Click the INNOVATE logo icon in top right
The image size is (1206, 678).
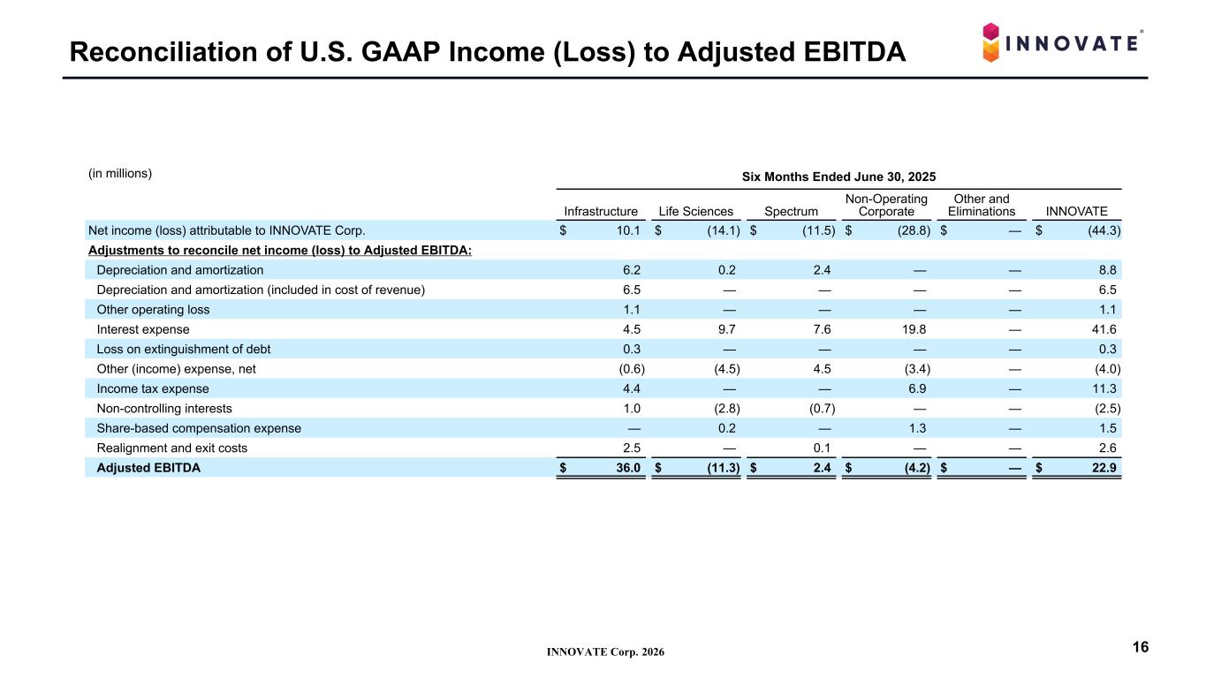[990, 42]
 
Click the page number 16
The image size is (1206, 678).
[1141, 647]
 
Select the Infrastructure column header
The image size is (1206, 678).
[600, 212]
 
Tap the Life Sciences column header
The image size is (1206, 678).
[695, 212]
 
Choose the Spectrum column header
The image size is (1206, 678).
[791, 212]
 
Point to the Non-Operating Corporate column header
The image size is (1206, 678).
[886, 205]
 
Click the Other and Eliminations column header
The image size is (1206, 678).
[982, 205]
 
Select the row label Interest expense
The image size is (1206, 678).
[142, 329]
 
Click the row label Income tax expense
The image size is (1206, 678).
[152, 388]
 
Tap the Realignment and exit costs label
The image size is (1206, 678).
[171, 448]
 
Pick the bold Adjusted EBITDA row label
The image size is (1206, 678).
[148, 468]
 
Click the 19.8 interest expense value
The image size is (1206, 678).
[914, 329]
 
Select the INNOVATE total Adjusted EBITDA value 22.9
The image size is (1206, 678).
[1104, 468]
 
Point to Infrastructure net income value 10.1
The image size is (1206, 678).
[628, 230]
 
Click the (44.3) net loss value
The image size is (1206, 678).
[1104, 230]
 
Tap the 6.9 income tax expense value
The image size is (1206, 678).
[917, 388]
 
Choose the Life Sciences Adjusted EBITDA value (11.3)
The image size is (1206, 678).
[724, 468]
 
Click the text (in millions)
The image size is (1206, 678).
[120, 173]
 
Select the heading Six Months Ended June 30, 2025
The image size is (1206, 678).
[838, 177]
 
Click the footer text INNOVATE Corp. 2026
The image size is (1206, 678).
[605, 652]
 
